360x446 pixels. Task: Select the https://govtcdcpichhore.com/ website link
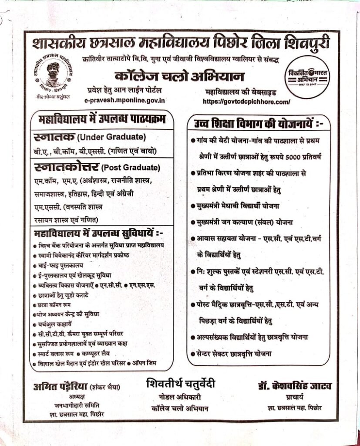click(x=246, y=101)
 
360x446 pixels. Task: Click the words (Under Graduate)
click(x=111, y=138)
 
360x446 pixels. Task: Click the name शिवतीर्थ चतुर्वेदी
click(x=181, y=384)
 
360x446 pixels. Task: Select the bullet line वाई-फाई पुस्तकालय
click(x=61, y=265)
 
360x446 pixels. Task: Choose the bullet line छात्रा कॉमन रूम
click(x=54, y=304)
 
